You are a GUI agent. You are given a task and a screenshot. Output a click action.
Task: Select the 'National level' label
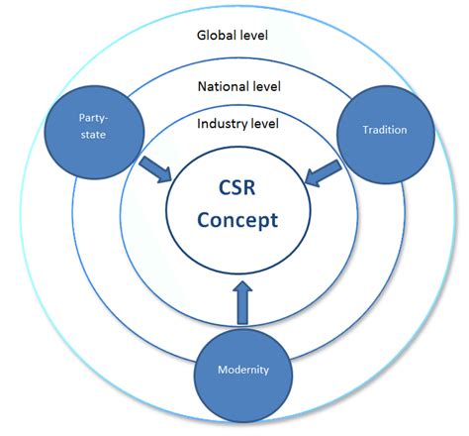click(x=238, y=86)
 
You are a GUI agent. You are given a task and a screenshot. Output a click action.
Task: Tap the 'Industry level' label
click(x=238, y=124)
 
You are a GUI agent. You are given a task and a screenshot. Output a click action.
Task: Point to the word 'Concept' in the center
click(x=238, y=220)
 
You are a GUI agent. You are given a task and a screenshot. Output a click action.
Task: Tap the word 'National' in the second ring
click(x=223, y=86)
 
